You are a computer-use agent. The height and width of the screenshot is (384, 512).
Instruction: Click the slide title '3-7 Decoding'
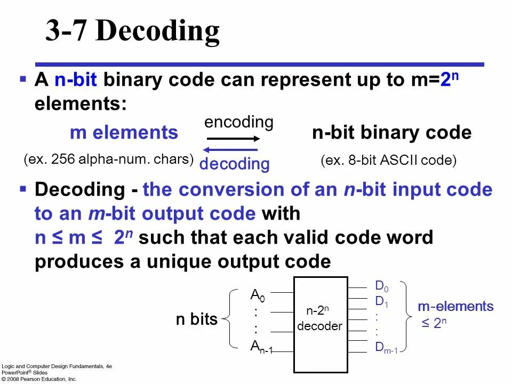132,32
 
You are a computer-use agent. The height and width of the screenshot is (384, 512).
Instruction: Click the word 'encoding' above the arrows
238,122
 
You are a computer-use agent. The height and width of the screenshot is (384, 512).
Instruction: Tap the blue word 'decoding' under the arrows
234,164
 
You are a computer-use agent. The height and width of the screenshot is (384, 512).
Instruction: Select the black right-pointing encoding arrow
233,139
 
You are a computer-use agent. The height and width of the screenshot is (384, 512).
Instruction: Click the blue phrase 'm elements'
124,133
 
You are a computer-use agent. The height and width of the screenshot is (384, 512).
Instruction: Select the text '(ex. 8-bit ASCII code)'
388,161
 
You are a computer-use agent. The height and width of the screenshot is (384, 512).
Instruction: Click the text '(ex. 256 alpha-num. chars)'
109,159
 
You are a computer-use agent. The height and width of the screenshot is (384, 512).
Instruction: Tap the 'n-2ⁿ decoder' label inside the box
320,318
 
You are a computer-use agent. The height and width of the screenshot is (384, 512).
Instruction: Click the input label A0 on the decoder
258,295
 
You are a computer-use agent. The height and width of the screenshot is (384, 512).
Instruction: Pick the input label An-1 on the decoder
261,348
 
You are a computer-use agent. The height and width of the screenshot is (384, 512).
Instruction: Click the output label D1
381,302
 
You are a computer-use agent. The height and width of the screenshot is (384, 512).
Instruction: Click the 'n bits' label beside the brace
197,319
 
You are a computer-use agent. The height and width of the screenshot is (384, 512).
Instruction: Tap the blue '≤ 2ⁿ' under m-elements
434,323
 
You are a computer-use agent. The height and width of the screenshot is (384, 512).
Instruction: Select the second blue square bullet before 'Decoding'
23,188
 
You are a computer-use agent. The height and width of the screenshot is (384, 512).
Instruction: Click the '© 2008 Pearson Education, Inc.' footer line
39,379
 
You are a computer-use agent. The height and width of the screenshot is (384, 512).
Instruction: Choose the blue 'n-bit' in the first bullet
76,81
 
